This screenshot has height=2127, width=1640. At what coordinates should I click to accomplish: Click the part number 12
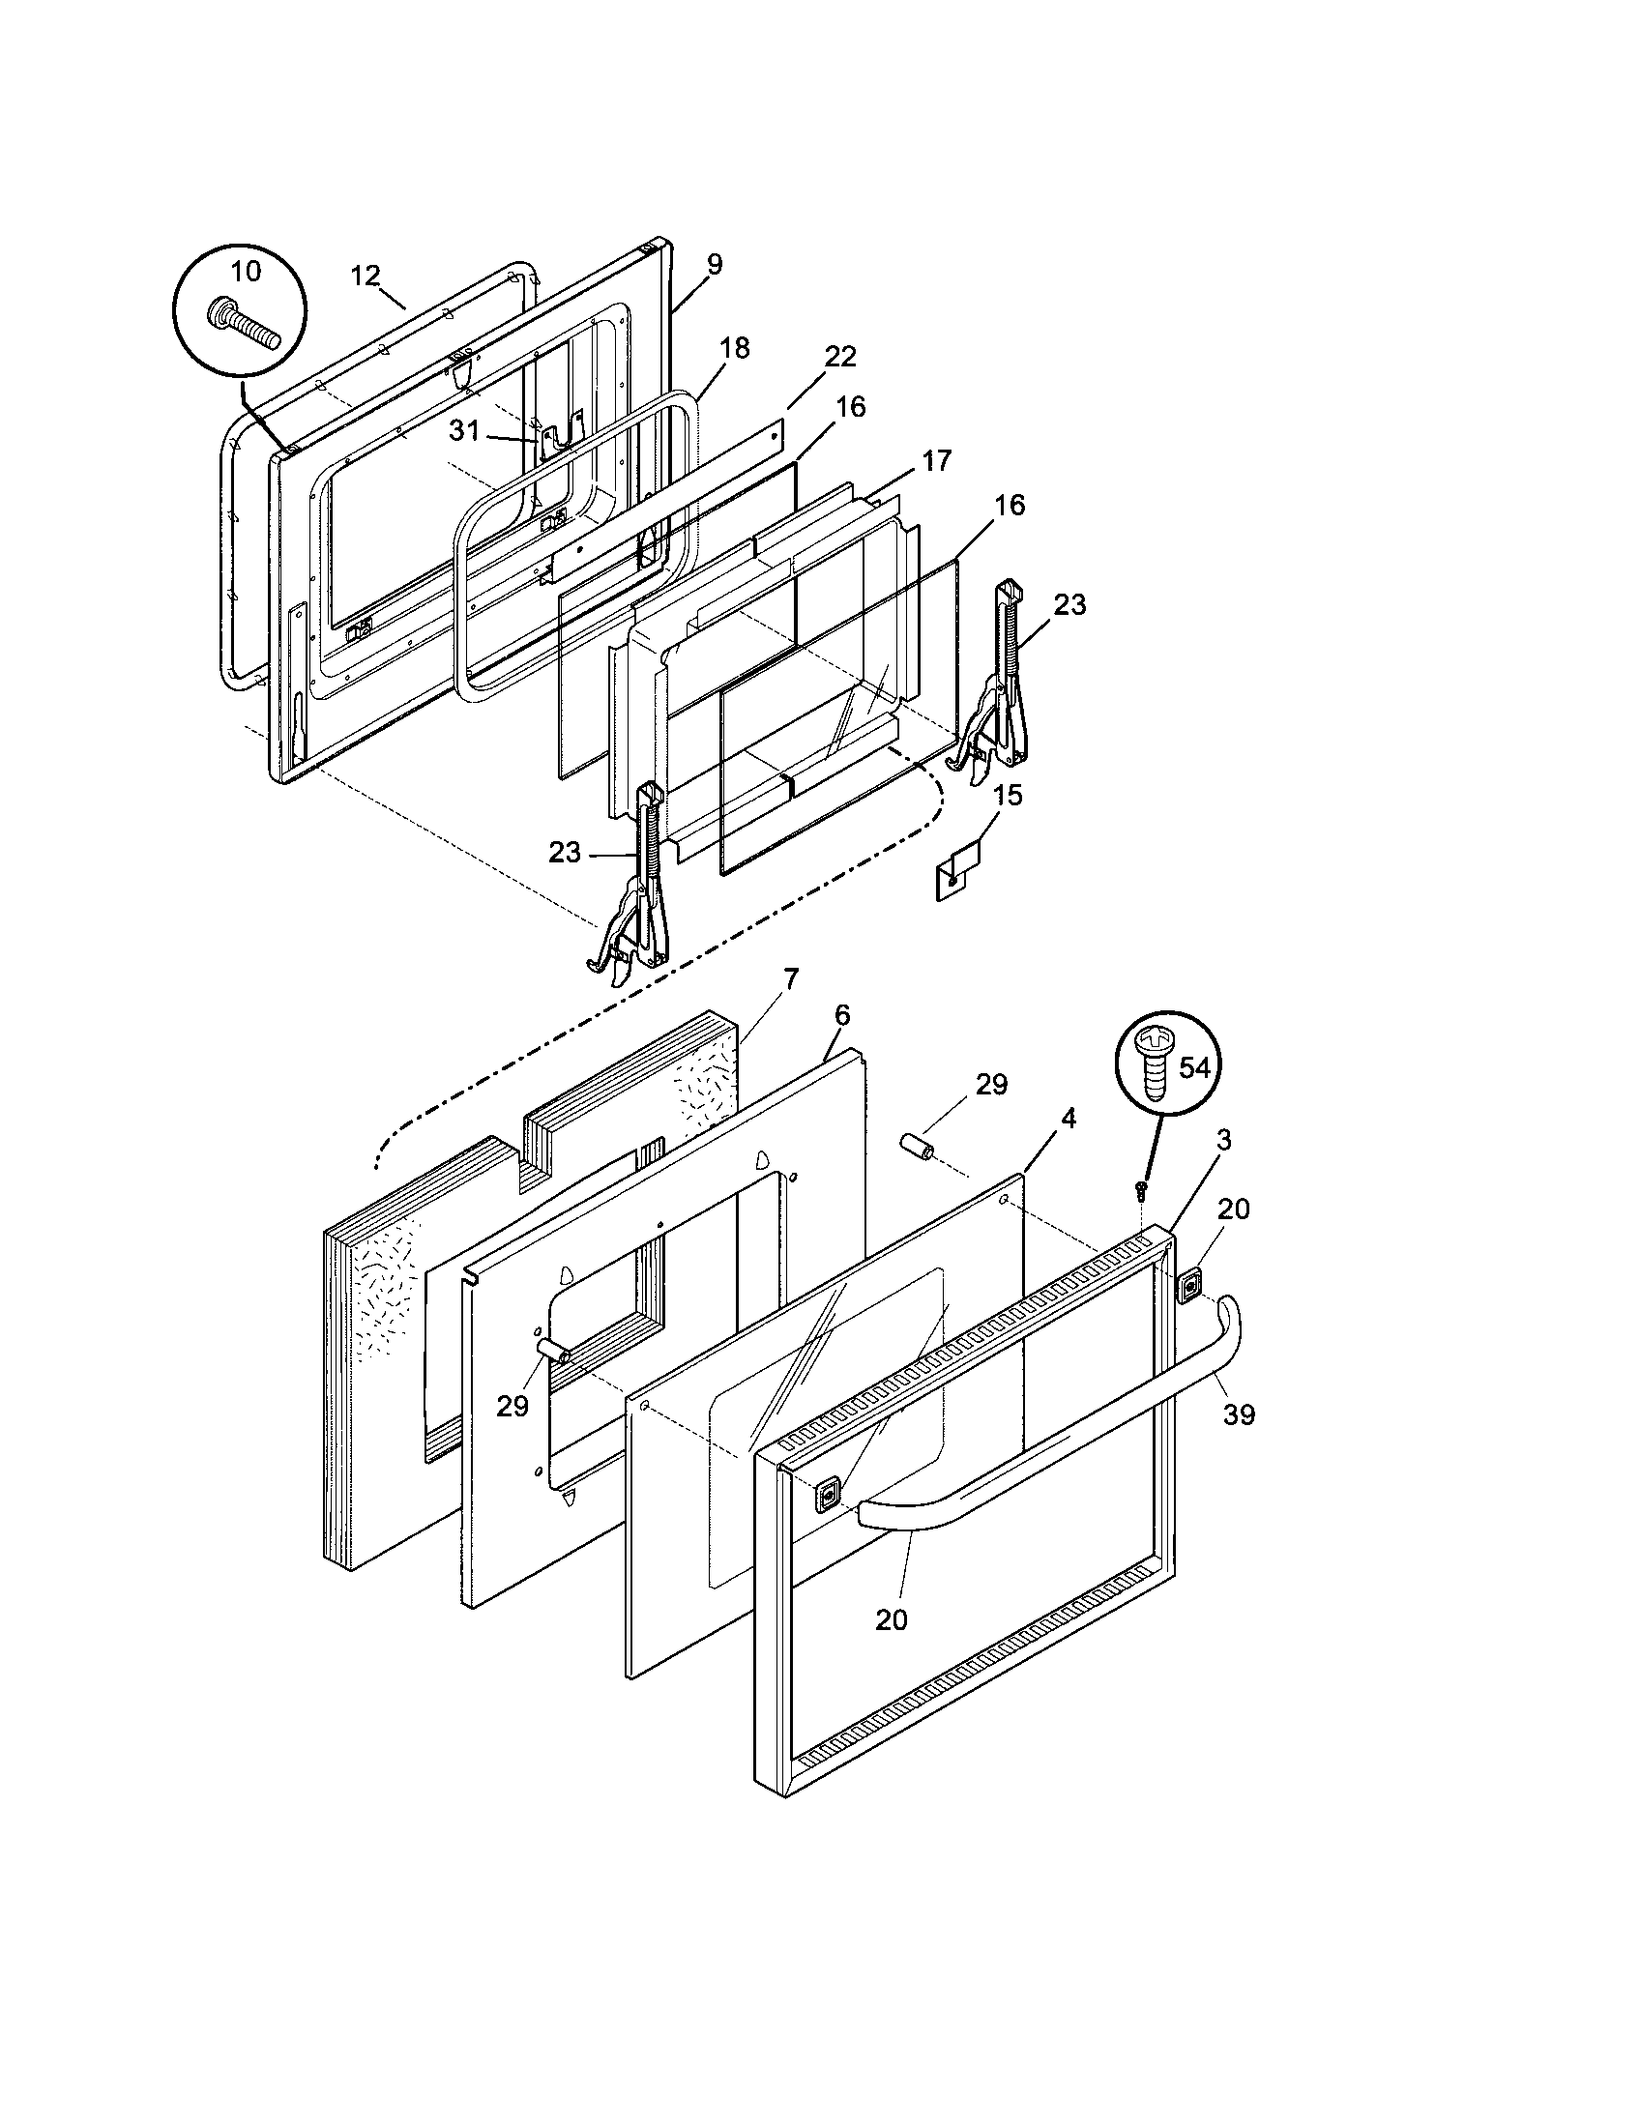pos(366,276)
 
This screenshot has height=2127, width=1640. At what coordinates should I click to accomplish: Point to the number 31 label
pos(464,430)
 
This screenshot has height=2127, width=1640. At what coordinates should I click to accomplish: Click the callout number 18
pos(735,349)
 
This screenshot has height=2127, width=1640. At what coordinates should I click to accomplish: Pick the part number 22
pos(839,357)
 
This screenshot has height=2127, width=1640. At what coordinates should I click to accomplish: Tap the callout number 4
pos(1069,1119)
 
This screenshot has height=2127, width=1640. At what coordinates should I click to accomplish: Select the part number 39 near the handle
pos(1239,1415)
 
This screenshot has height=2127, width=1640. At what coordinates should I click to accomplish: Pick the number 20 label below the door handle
pos(892,1619)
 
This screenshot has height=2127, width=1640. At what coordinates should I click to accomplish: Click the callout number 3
pos(1224,1141)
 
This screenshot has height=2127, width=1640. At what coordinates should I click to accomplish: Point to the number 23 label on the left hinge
pos(564,853)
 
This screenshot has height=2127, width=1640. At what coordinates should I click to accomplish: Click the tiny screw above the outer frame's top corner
pos(1141,1187)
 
